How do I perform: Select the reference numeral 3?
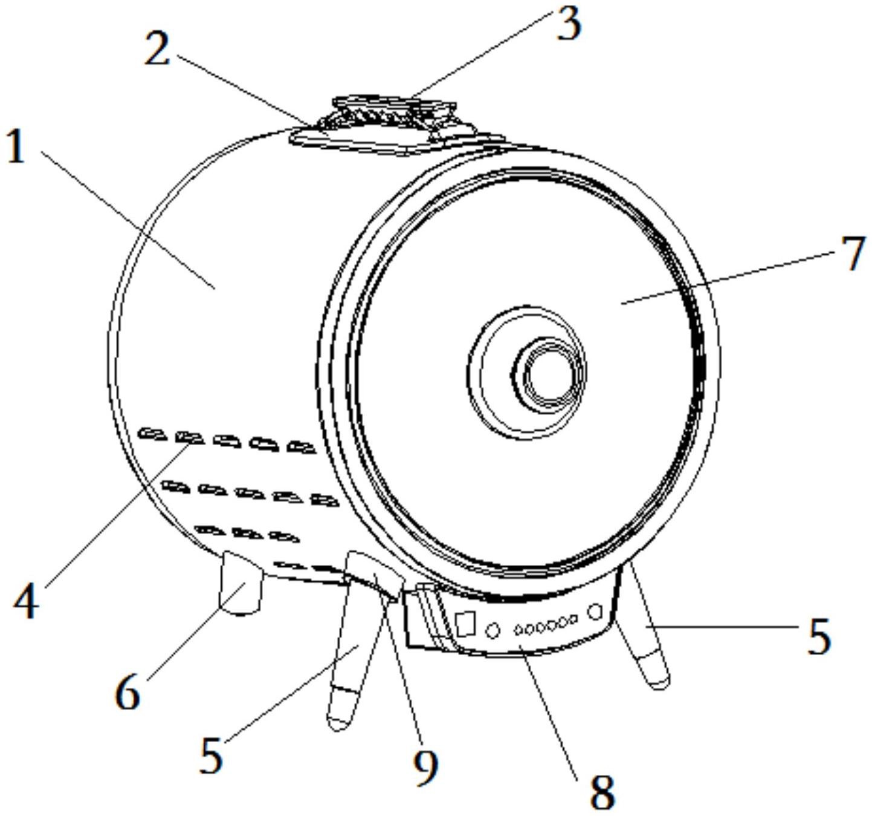click(568, 24)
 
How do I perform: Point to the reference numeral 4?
click(27, 601)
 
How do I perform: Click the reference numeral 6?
click(128, 692)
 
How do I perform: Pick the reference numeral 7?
click(853, 254)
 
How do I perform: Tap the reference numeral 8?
click(601, 791)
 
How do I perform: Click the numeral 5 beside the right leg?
click(819, 636)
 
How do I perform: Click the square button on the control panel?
click(465, 623)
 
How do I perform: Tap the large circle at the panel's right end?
click(595, 612)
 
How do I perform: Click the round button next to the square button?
click(493, 630)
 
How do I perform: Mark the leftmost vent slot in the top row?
click(151, 434)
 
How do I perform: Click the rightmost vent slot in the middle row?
click(325, 500)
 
